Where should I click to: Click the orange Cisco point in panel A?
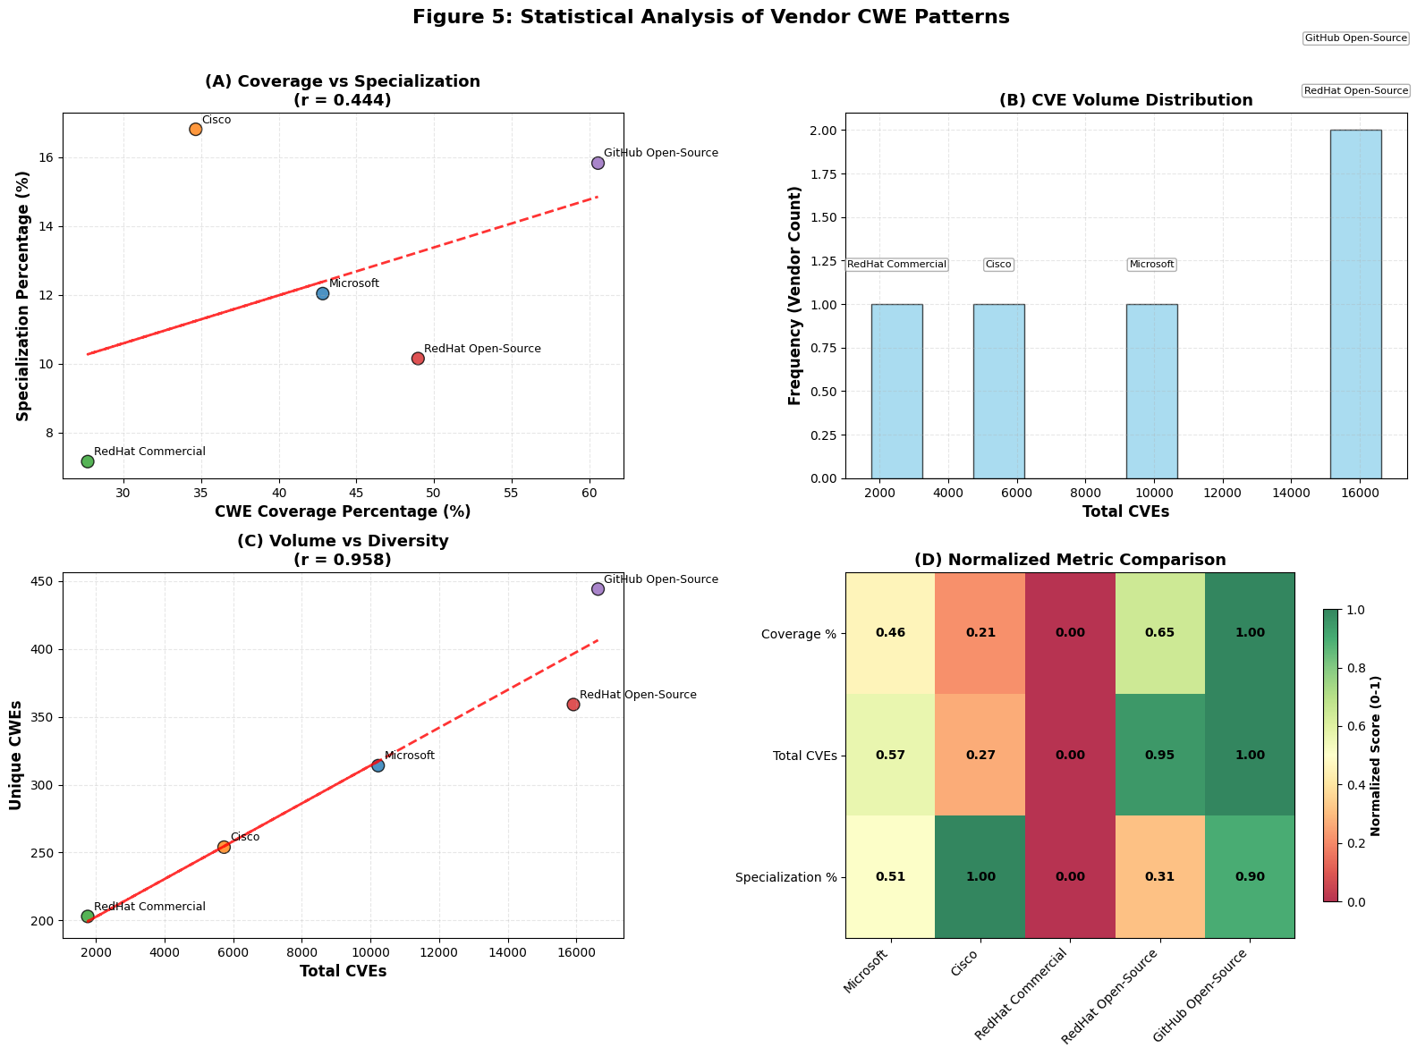(195, 129)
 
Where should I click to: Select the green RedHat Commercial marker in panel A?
(88, 461)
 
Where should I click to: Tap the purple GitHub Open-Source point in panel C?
(598, 588)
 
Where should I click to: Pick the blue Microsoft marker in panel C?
(378, 765)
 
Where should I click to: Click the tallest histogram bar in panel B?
(1355, 304)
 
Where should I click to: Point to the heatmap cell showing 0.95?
(1159, 755)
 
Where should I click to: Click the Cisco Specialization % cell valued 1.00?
(980, 876)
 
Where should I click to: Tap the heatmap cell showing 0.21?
(980, 633)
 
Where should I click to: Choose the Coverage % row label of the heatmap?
(798, 634)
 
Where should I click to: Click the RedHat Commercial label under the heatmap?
(1022, 997)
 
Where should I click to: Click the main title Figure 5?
(710, 17)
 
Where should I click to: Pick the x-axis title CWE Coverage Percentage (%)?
(343, 511)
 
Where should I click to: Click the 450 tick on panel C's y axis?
(42, 582)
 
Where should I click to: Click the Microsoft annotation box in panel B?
(1151, 265)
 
